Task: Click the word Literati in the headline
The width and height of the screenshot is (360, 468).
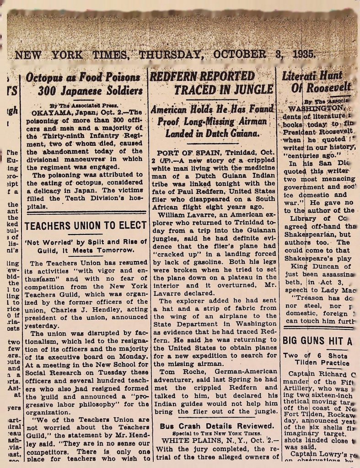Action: (x=299, y=76)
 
